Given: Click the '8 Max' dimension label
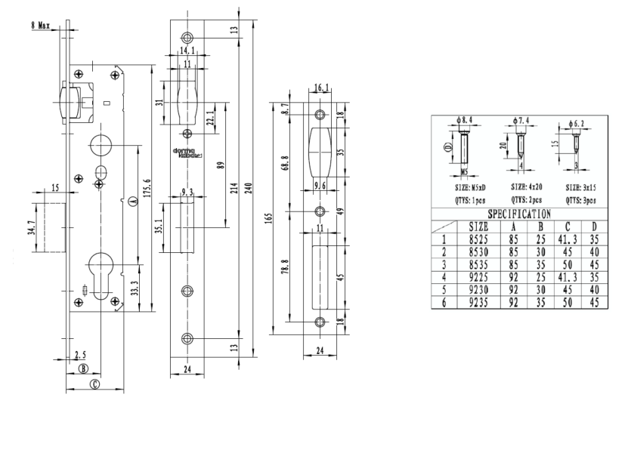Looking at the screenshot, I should pyautogui.click(x=40, y=26).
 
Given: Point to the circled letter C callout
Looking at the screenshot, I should pyautogui.click(x=94, y=384).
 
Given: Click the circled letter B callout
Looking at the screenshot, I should pyautogui.click(x=85, y=368).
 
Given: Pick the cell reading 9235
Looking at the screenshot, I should pyautogui.click(x=478, y=302).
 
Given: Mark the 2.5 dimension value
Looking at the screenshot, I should pyautogui.click(x=81, y=353).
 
